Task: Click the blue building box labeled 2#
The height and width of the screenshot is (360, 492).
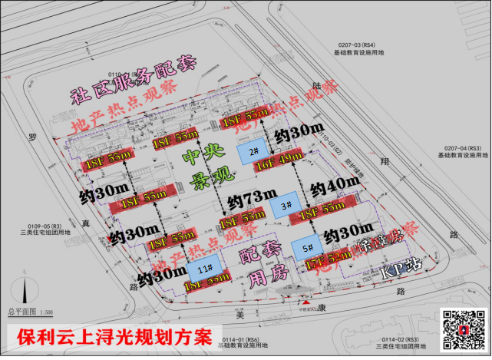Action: (x=253, y=152)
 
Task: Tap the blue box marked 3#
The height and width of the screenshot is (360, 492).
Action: (x=286, y=205)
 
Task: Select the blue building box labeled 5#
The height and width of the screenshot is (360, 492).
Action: (x=306, y=247)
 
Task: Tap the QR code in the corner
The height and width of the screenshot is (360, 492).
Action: (x=463, y=331)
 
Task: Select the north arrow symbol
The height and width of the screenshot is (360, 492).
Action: (x=28, y=291)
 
